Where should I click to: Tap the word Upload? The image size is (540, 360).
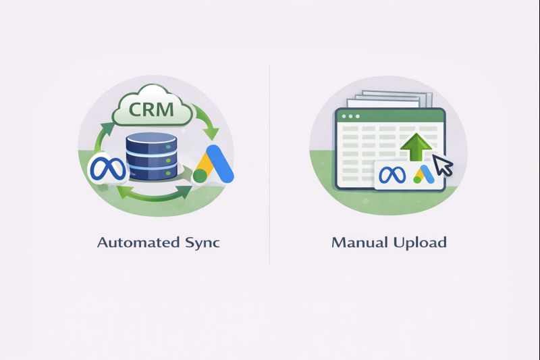click(419, 242)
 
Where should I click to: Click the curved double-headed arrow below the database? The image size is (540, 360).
click(152, 196)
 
